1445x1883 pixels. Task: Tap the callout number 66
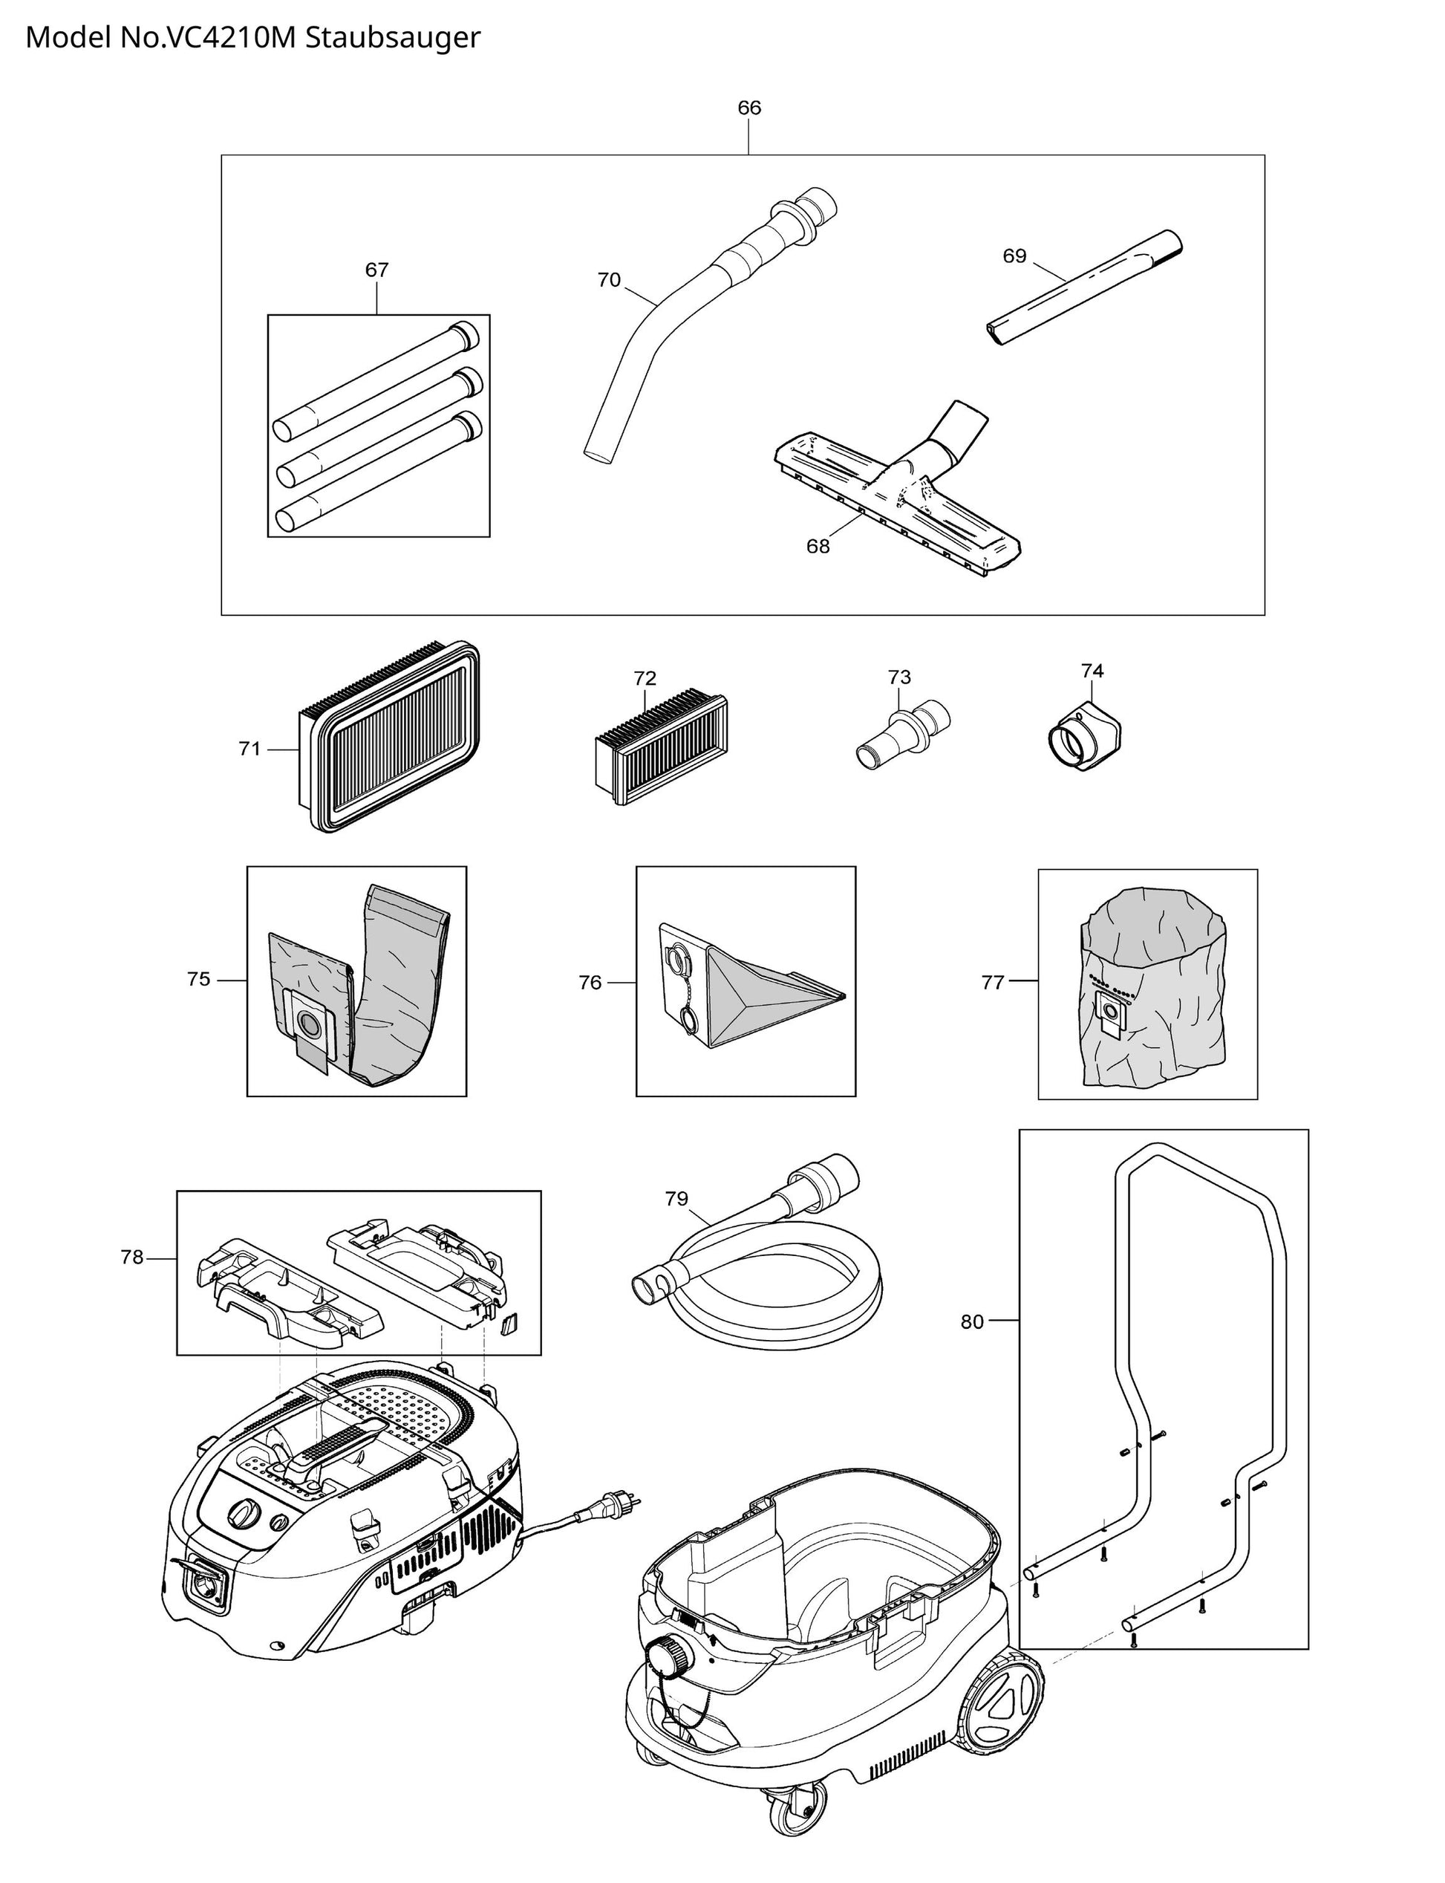click(748, 108)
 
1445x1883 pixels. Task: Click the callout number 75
click(199, 979)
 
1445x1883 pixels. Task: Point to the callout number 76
click(590, 983)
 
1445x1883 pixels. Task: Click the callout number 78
click(131, 1258)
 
